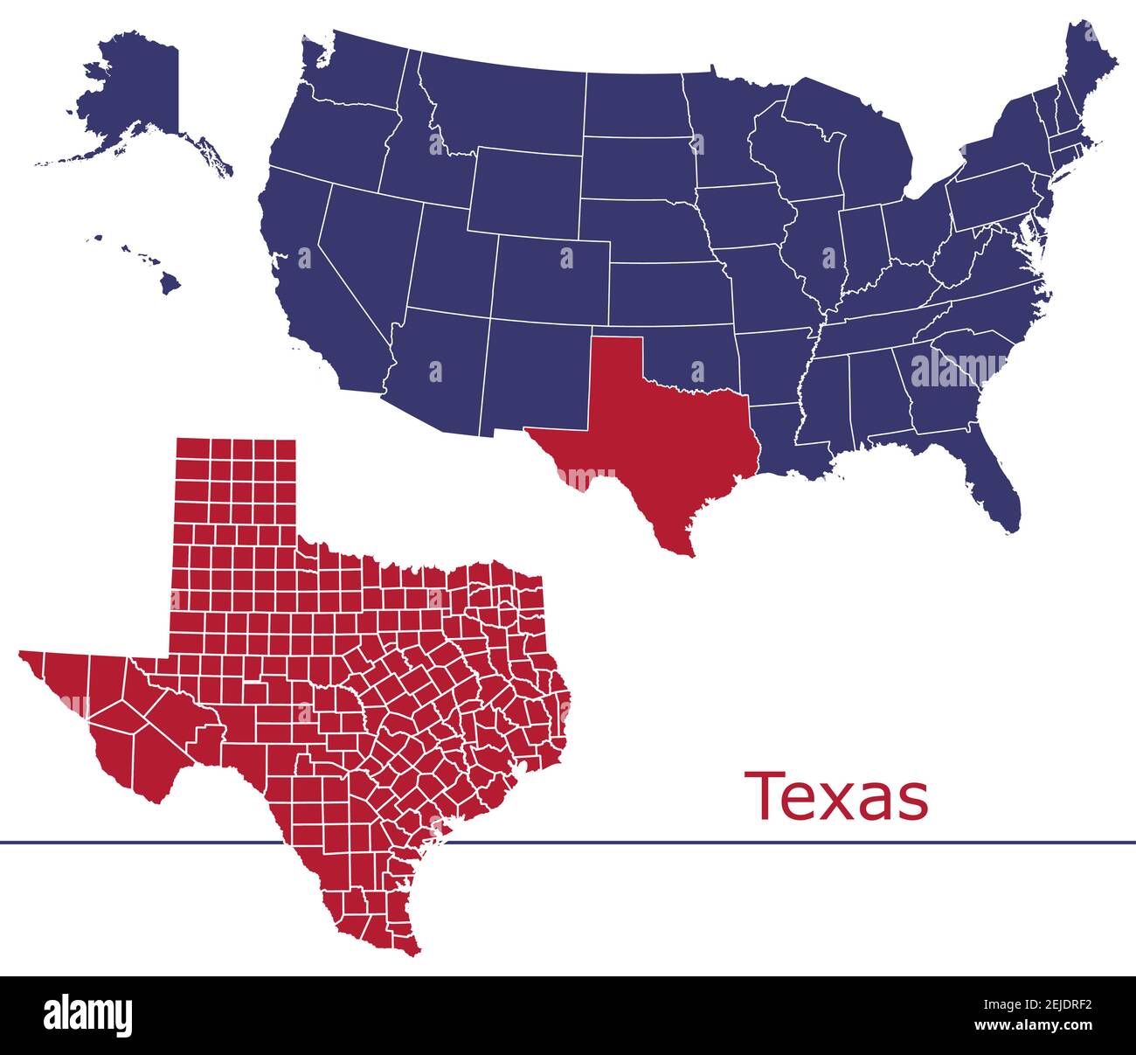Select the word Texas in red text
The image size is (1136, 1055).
click(835, 796)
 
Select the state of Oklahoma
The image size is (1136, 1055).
click(690, 350)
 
